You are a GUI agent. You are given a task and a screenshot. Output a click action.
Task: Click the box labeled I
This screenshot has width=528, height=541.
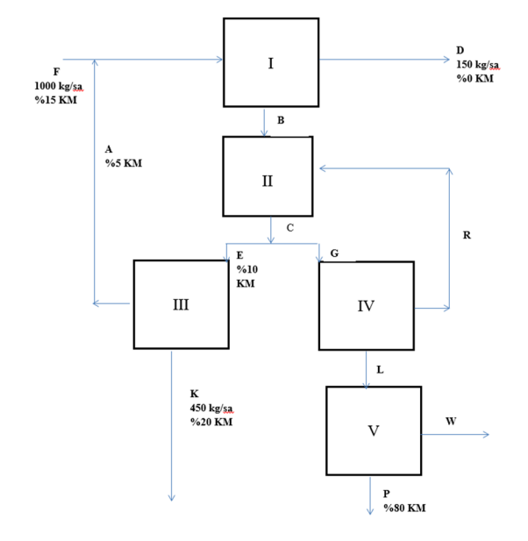[271, 62]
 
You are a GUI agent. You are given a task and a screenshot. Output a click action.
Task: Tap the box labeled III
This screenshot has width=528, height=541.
[180, 304]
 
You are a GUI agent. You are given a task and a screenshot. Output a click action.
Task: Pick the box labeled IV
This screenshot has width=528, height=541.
[366, 306]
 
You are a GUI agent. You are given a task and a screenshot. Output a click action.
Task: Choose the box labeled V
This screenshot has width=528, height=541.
[373, 431]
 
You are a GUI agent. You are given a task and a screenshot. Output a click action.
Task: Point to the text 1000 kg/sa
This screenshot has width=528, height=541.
[59, 85]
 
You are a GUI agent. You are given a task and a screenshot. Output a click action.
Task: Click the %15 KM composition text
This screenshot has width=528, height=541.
[56, 100]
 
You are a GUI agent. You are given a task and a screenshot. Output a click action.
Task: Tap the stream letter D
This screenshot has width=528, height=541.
[460, 50]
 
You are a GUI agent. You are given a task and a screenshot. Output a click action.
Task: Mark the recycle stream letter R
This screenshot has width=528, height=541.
[467, 235]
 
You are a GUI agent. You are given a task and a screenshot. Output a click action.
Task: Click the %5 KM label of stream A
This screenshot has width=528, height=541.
[124, 163]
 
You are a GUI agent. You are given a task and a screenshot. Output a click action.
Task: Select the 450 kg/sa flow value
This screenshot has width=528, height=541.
[212, 409]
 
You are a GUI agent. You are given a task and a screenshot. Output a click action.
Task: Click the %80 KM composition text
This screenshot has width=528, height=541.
[405, 509]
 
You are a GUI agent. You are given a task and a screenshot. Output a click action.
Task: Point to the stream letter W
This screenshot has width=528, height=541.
[451, 421]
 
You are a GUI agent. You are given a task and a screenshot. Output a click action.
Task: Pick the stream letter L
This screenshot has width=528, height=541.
[380, 370]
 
